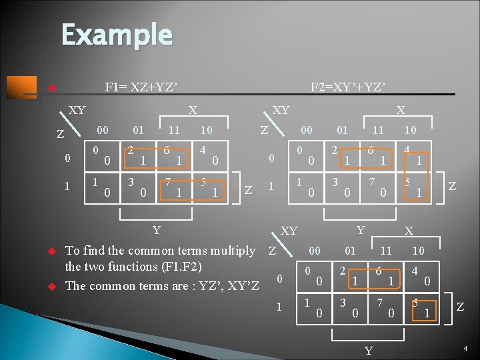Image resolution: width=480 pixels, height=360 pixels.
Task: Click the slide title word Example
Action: pos(117,34)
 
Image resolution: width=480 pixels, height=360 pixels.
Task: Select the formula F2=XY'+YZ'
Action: pos(348,87)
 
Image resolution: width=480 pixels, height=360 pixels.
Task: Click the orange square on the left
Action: pos(21,87)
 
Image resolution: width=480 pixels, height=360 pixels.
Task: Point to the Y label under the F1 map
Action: pos(156,231)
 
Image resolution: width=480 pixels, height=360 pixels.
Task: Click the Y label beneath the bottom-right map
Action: pos(369,351)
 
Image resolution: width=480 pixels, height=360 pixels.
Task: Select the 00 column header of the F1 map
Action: pos(103,129)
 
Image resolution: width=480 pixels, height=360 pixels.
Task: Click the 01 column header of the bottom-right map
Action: pos(350,251)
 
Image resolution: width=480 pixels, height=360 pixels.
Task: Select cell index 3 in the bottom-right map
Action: pos(343,302)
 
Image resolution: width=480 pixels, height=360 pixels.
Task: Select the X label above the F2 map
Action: pos(401,110)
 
